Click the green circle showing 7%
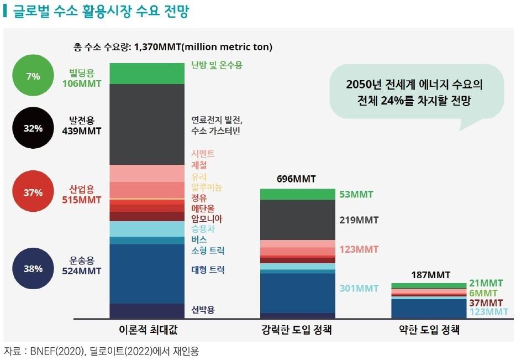click(x=33, y=76)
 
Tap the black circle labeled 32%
click(x=33, y=128)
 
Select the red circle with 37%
click(x=33, y=192)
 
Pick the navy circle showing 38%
click(x=33, y=269)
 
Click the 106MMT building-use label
click(x=81, y=85)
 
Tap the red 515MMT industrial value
click(x=81, y=200)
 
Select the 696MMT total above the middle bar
click(x=296, y=179)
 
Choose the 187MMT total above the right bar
click(x=431, y=275)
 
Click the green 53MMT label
click(x=356, y=195)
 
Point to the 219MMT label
click(x=360, y=220)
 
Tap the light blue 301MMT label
click(x=360, y=288)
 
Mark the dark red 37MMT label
click(x=486, y=303)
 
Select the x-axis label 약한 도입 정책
click(x=429, y=331)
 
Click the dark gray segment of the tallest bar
click(x=146, y=124)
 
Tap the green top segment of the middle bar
click(x=297, y=194)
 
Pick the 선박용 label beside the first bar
click(x=203, y=309)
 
